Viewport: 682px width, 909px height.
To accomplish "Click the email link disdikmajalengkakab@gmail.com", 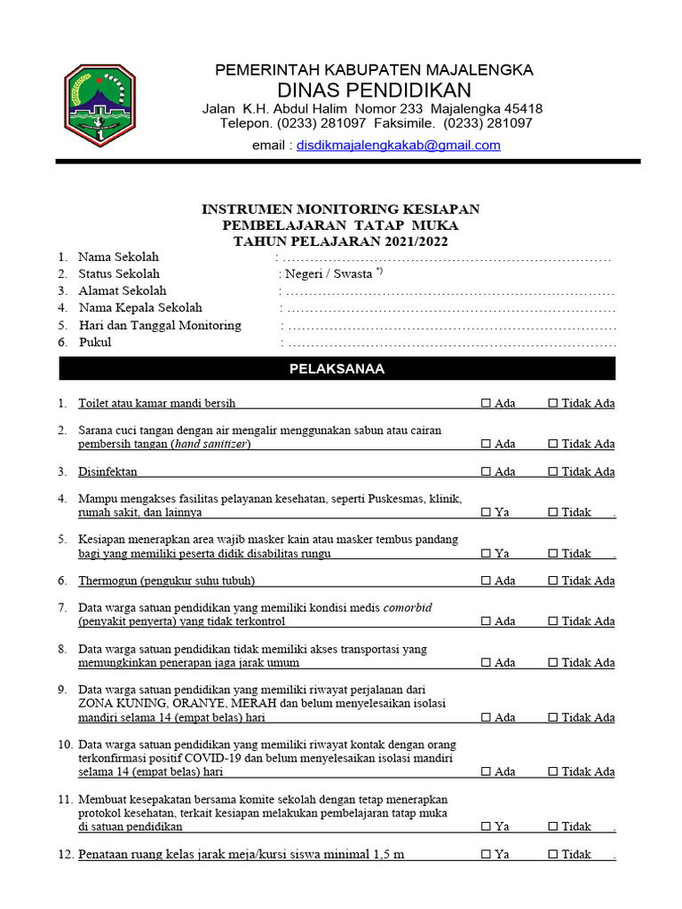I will (399, 145).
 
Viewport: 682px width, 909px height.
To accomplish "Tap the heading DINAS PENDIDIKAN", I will (374, 90).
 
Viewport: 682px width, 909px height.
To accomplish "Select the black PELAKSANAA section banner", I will (337, 368).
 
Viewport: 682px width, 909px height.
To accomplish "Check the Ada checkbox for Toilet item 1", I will (486, 403).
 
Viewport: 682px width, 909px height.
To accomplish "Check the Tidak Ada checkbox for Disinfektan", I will (552, 471).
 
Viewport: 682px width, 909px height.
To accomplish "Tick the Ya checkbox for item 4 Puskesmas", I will (486, 512).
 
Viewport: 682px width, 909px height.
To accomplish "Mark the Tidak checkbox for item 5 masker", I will (552, 553).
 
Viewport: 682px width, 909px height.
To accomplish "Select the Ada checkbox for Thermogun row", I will (486, 581).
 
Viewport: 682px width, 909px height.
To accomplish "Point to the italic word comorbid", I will (408, 607).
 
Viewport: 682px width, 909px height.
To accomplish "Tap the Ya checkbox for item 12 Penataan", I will (486, 854).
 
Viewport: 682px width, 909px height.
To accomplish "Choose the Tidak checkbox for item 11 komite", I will (552, 826).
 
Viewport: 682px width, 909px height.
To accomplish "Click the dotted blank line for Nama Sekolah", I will (448, 257).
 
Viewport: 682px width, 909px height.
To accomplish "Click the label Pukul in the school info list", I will (95, 342).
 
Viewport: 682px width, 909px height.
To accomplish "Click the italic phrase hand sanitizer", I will (211, 444).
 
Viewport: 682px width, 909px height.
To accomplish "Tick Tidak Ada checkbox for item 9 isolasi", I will (552, 717).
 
